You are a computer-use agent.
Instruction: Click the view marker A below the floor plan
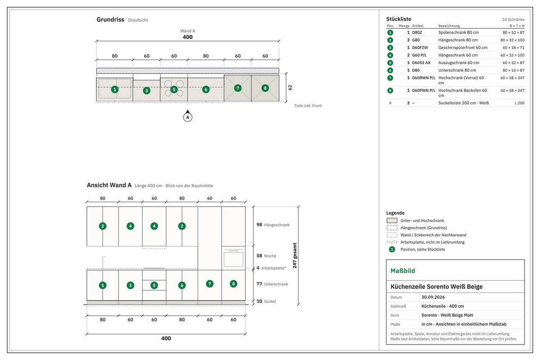188,117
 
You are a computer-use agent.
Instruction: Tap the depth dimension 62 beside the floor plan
290,88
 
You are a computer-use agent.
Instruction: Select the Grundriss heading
110,19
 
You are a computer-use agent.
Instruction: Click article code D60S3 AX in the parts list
421,63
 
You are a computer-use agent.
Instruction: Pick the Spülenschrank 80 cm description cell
458,32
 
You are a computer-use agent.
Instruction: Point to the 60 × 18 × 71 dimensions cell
513,48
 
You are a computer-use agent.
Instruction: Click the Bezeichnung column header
449,26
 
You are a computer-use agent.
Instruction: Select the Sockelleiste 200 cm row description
463,103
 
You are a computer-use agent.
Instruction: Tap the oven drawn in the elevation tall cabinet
234,258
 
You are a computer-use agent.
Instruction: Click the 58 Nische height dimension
266,256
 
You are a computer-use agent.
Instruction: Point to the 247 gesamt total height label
295,256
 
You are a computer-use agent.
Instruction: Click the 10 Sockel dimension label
266,301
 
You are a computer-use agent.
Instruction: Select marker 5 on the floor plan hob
174,90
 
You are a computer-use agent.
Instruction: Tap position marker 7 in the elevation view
210,284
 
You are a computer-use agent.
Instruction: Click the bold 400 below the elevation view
166,338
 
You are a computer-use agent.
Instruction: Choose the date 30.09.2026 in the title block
433,297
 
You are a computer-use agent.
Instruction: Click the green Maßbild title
403,271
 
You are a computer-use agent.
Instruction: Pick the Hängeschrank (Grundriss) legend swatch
392,228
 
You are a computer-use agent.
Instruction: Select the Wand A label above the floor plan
188,31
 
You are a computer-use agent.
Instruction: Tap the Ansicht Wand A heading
109,185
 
